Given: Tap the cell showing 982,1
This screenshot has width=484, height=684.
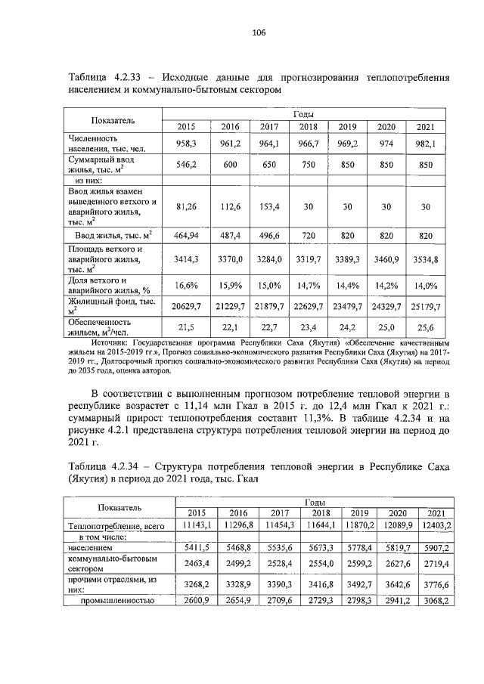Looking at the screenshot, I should point(429,143).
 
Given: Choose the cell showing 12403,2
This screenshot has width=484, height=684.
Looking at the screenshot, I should point(434,524).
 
